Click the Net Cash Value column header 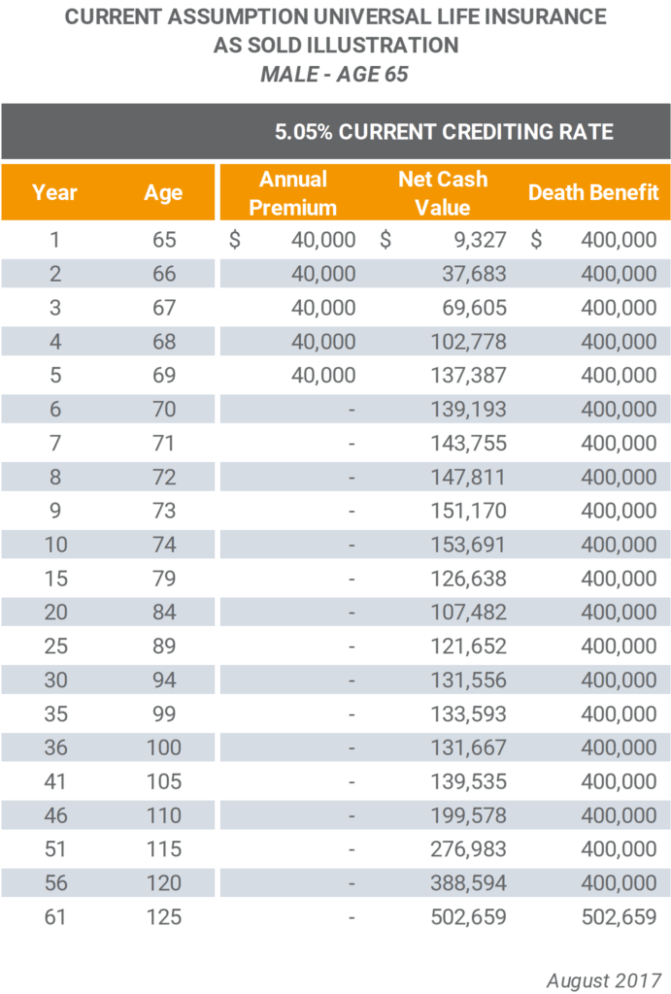pos(443,193)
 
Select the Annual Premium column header pos(292,193)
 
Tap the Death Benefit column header pos(593,192)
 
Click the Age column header pos(163,193)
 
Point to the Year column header pos(54,192)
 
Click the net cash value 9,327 pos(480,240)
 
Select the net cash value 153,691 pos(468,545)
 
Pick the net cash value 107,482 pos(468,613)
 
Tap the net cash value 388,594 pos(468,883)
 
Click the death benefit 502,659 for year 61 pos(619,916)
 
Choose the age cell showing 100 pos(164,747)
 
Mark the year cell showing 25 pos(55,646)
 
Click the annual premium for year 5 pos(323,376)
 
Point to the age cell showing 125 pos(164,916)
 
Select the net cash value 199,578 pos(468,815)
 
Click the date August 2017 pos(604,980)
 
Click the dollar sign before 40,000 pos(235,240)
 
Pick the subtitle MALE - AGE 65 pos(334,74)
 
